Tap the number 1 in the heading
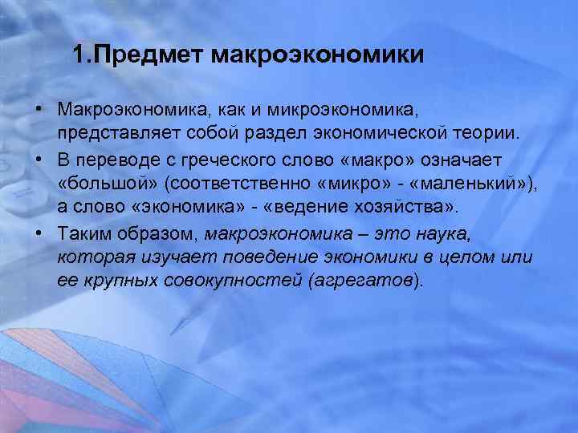(x=77, y=55)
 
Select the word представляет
(x=120, y=129)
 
